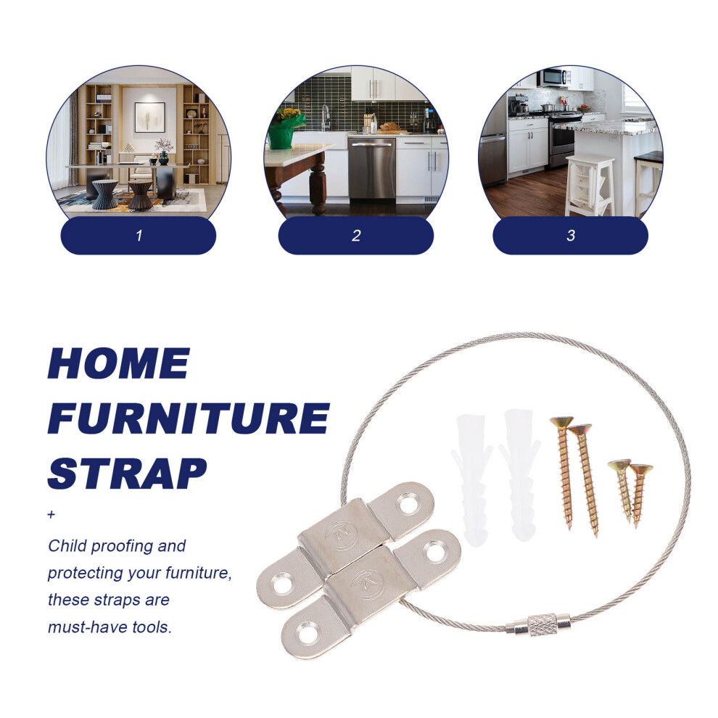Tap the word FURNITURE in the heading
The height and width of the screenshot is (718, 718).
[x=189, y=418]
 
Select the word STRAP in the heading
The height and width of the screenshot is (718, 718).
[x=128, y=474]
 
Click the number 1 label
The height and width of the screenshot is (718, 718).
[x=139, y=236]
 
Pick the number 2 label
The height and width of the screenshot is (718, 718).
[x=356, y=236]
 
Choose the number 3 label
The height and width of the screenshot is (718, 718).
[x=571, y=236]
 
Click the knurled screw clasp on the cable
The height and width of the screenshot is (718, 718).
[x=542, y=624]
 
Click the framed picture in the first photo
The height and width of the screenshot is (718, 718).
[x=149, y=117]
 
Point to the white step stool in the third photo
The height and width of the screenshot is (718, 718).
[x=590, y=186]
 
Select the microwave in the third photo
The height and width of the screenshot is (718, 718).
[x=555, y=77]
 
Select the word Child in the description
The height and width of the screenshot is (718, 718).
[x=67, y=546]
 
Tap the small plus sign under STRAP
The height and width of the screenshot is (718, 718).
[x=51, y=515]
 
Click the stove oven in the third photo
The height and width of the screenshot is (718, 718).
[x=564, y=139]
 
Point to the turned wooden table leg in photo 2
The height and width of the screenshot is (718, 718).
[x=318, y=184]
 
